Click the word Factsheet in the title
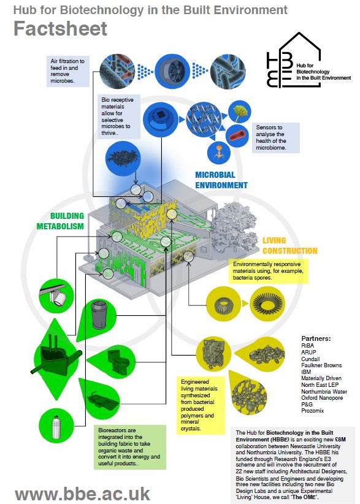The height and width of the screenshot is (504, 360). tap(61, 28)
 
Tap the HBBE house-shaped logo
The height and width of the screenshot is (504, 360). tap(294, 60)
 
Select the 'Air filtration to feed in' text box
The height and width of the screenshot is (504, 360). tap(67, 71)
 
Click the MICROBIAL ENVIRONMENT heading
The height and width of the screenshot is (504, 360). tap(221, 180)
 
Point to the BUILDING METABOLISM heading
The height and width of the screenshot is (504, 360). tap(60, 221)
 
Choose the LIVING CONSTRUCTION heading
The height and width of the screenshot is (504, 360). tap(289, 246)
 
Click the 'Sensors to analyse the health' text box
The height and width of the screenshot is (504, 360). tap(275, 137)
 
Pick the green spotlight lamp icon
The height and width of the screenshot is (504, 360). tap(56, 296)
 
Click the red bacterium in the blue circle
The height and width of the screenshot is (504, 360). tap(237, 136)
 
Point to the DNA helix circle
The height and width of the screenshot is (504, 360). tap(204, 120)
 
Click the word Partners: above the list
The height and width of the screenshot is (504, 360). tap(316, 338)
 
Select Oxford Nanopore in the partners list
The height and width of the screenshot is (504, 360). tap(322, 397)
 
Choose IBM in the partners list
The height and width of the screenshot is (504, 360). tap(306, 372)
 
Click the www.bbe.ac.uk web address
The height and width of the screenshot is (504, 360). tap(83, 494)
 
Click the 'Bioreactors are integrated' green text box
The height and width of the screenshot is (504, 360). tap(130, 447)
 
